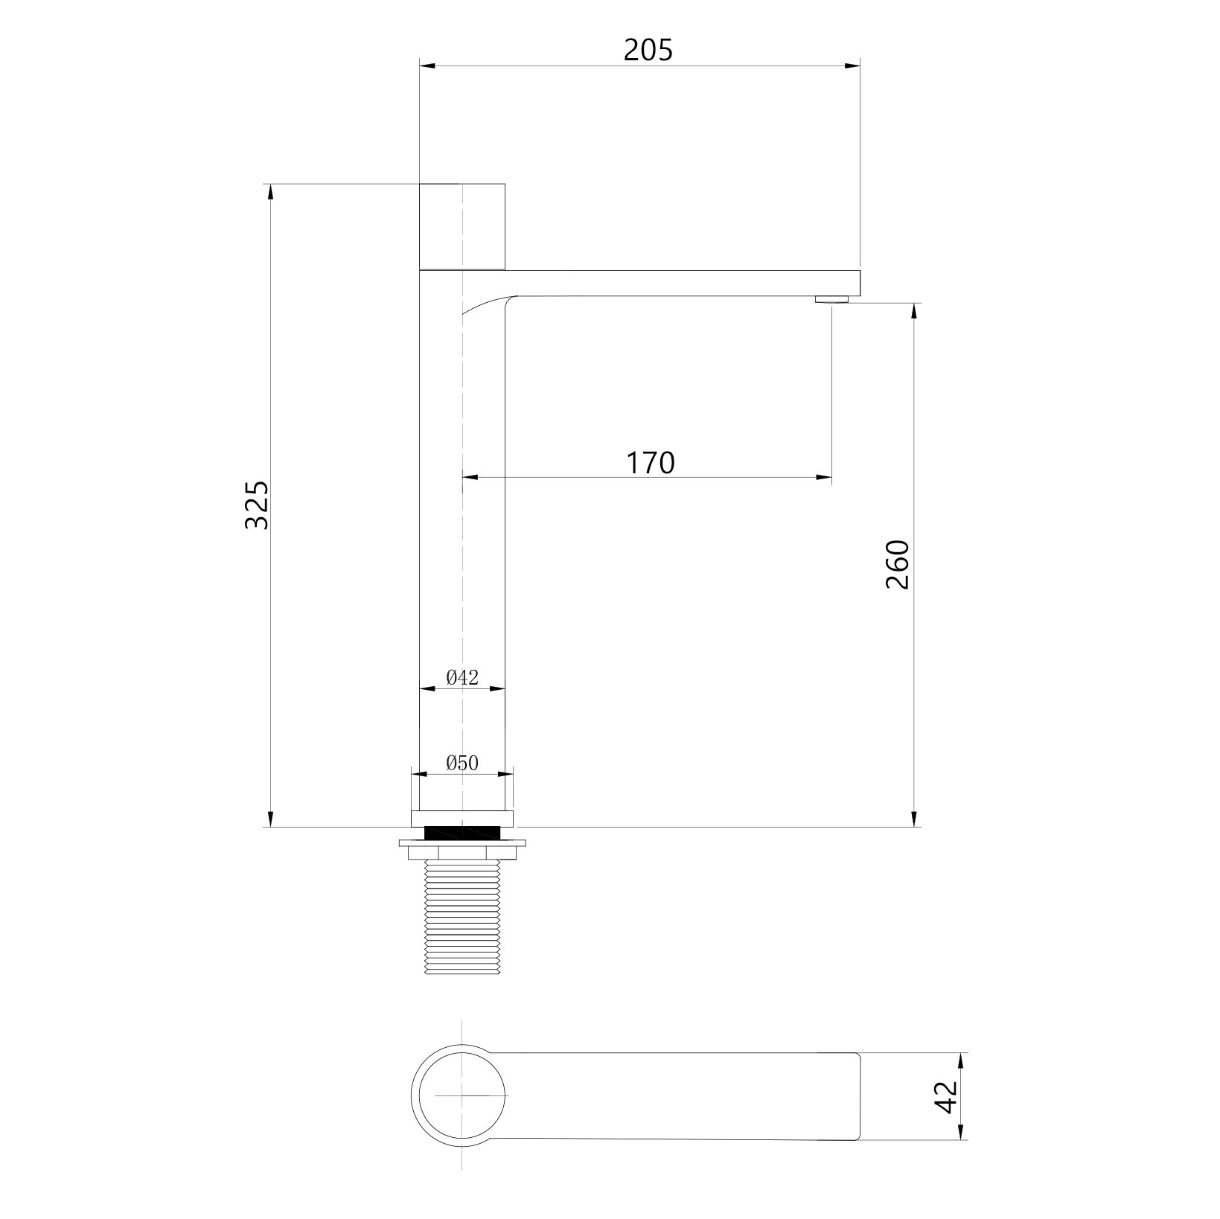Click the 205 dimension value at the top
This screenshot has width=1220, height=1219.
point(648,50)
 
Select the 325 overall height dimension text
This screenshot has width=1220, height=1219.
point(257,505)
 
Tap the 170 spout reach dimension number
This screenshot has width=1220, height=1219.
point(650,463)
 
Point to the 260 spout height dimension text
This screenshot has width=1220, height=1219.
point(898,565)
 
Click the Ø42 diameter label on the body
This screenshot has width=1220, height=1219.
point(462,677)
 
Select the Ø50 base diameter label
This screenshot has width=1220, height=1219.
point(462,763)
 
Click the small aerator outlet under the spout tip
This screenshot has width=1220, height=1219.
point(831,299)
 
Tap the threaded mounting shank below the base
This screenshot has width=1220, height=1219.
point(462,919)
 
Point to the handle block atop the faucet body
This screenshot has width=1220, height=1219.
point(462,226)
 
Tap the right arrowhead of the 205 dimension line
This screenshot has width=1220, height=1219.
point(854,66)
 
